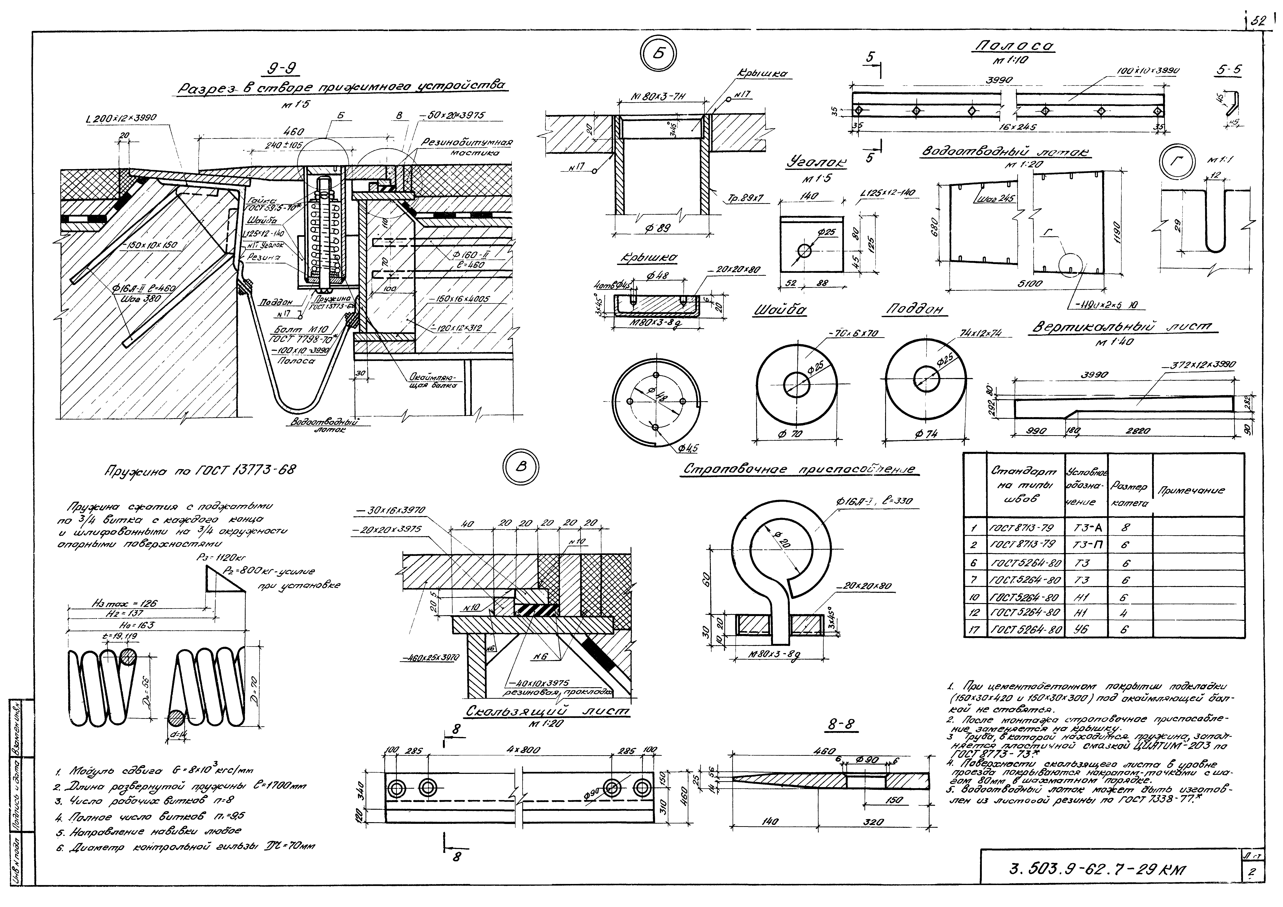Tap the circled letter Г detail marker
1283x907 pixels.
1177,161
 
